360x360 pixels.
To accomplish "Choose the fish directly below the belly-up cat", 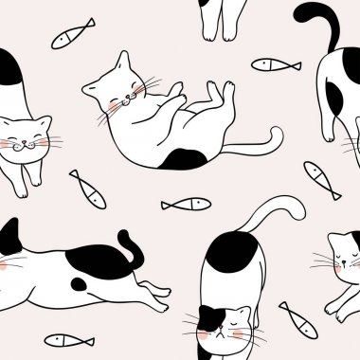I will point(186,204).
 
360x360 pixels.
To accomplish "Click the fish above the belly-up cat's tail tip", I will point(276,64).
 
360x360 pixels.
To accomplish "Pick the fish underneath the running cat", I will point(69,339).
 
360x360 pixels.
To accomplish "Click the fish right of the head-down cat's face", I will point(298,320).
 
